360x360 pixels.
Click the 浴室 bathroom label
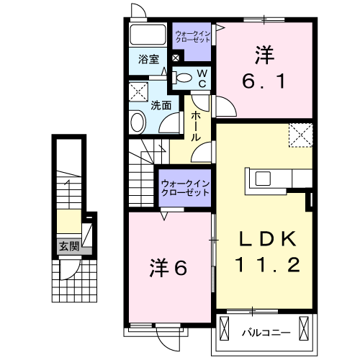coord(148,59)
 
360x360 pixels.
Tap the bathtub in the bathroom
coord(148,35)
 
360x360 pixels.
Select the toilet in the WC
coord(182,78)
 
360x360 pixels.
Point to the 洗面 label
coord(161,105)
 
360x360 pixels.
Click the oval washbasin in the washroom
coord(138,122)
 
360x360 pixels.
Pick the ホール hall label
coord(196,126)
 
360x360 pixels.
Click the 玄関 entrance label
coord(69,246)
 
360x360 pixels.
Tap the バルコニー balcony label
coord(266,333)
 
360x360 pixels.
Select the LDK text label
coord(268,239)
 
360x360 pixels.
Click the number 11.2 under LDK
coord(268,264)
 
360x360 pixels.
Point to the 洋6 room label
coord(168,268)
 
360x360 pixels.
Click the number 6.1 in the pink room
coord(264,81)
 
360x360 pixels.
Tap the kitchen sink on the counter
coord(263,179)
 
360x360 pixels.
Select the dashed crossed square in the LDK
coord(301,135)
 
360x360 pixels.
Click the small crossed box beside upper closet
coord(176,58)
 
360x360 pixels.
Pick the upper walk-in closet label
coord(193,37)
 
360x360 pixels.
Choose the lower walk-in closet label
coord(185,188)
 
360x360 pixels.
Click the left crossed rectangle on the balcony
coord(225,328)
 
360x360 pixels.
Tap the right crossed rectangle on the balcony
coord(304,328)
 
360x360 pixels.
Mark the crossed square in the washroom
coord(138,91)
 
